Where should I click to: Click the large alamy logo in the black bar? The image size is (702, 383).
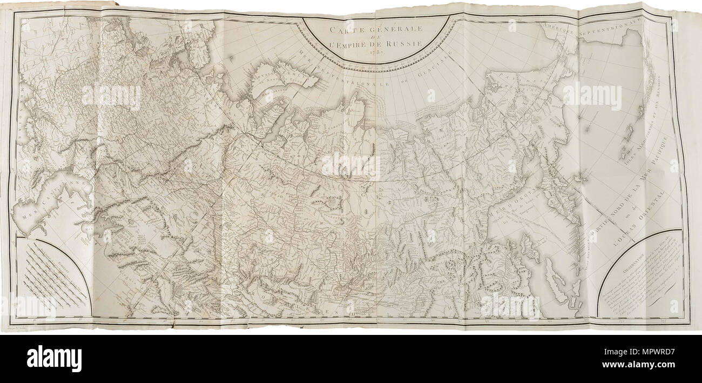pos(54,359)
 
